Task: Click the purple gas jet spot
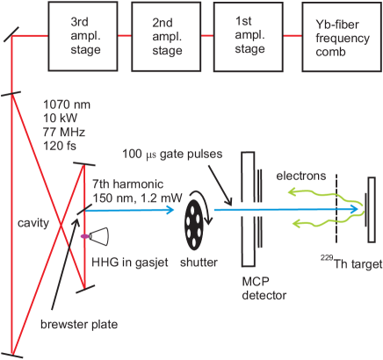[x=84, y=235]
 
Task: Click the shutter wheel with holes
[x=195, y=231]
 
